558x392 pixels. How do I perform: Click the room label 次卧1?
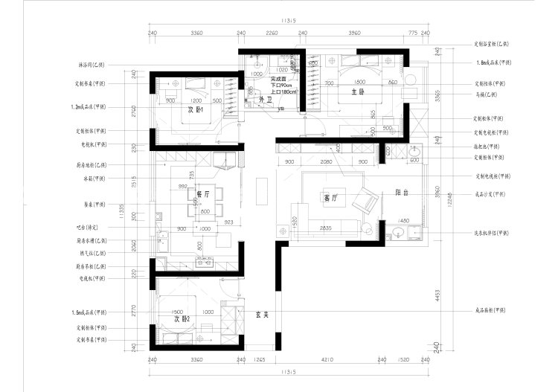(196, 109)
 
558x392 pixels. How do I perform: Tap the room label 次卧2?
(182, 319)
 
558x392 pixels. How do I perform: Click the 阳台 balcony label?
(403, 192)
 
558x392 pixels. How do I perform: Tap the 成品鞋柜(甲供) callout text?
(494, 311)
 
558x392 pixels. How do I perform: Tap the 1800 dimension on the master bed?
(360, 83)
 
